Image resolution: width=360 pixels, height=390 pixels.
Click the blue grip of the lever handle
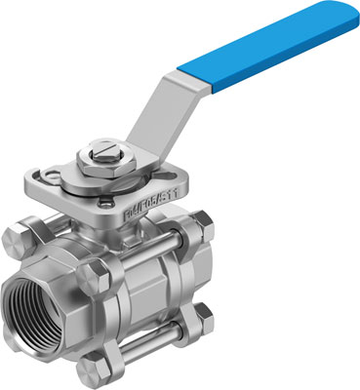coord(263,49)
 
